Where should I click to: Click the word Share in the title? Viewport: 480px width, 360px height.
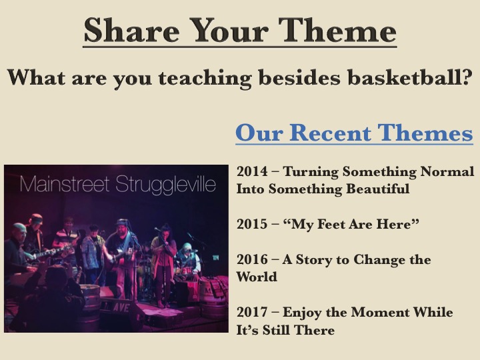click(x=132, y=30)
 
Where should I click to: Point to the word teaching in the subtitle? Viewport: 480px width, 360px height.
click(x=205, y=79)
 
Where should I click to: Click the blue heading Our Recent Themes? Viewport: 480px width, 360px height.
click(x=354, y=133)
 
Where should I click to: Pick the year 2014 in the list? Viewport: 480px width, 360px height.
click(x=252, y=171)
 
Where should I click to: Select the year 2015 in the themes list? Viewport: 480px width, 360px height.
click(x=252, y=224)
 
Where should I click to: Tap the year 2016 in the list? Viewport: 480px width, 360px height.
click(x=252, y=259)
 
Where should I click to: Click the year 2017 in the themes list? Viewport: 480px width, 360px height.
click(x=252, y=312)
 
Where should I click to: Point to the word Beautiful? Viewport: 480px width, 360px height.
click(x=378, y=189)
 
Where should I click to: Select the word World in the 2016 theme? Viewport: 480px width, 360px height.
click(x=257, y=277)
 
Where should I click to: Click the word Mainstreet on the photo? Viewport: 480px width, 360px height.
click(x=65, y=184)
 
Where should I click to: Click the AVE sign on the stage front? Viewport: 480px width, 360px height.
click(x=121, y=307)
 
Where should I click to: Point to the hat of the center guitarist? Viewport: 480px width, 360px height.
click(x=122, y=221)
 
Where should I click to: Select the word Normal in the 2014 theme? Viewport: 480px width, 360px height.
click(x=447, y=171)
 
